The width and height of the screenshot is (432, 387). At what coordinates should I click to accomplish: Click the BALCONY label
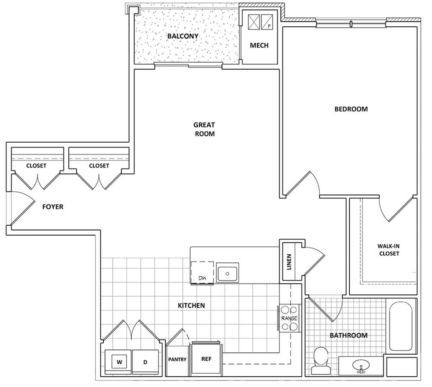point(183,36)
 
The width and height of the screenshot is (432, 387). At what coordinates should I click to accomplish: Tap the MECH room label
point(259,45)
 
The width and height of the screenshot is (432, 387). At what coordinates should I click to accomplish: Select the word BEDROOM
point(351,109)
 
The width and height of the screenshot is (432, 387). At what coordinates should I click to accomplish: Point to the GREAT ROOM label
point(204,129)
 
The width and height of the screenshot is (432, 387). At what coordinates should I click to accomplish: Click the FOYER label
point(53,206)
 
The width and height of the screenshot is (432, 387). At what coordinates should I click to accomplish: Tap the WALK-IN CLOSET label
point(388,250)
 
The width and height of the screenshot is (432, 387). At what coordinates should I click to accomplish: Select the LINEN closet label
point(289,262)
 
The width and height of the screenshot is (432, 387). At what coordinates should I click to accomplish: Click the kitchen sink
point(227,273)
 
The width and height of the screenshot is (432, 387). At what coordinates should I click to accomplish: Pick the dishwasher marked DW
point(202,273)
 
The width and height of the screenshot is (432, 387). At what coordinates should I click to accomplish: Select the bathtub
point(401,326)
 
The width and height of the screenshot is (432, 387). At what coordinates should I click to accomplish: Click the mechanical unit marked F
point(267,22)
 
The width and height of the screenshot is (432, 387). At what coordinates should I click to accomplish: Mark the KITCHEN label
point(191,306)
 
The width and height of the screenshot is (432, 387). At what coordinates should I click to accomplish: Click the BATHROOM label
point(348,335)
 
